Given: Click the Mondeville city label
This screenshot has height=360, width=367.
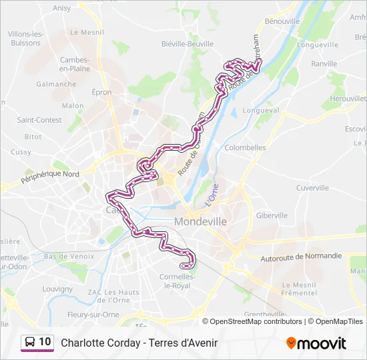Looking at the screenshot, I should (x=200, y=221).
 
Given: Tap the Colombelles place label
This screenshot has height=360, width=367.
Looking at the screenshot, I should (x=246, y=148).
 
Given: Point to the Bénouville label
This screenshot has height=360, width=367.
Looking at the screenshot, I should (x=282, y=21).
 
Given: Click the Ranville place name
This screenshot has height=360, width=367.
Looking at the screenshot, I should (x=324, y=64).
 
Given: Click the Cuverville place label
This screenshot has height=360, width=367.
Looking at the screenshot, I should (x=312, y=188).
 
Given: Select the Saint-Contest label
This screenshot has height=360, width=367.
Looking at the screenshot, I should (x=39, y=120).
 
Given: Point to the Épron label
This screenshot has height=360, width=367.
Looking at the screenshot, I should (x=101, y=93).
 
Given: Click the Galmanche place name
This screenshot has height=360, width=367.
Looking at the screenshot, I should (x=56, y=84).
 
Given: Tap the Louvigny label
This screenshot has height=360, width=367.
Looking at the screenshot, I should (x=57, y=289).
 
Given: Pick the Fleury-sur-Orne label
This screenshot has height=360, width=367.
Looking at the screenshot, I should (x=93, y=315).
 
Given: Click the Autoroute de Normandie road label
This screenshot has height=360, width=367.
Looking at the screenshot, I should (x=302, y=256).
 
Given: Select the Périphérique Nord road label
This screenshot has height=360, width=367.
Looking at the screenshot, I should (x=50, y=177).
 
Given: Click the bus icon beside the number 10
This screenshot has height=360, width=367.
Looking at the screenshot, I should (x=30, y=343).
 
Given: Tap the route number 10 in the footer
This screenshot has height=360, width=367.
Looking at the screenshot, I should (x=45, y=342).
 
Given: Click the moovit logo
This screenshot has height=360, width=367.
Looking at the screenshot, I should (x=316, y=343).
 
